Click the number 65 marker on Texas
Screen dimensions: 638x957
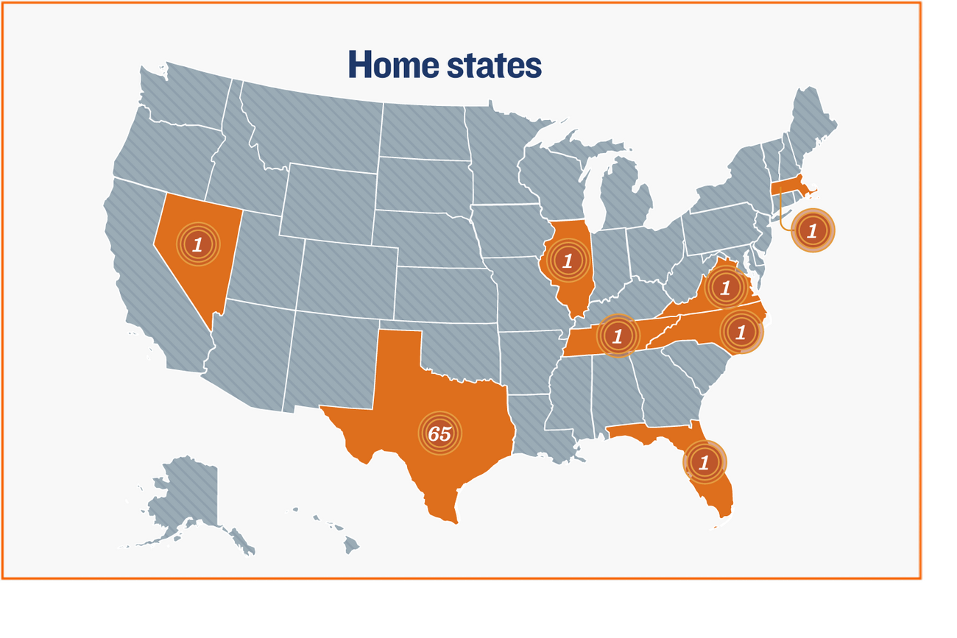(x=439, y=433)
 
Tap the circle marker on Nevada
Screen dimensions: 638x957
(x=197, y=244)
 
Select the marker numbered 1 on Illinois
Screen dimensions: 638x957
(x=567, y=260)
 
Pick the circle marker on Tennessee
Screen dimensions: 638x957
(x=618, y=336)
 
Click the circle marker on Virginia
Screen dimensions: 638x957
(x=725, y=287)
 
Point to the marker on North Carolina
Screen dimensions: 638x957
(x=741, y=332)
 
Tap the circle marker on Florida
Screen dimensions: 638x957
(x=704, y=462)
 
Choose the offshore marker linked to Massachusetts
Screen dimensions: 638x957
(x=813, y=231)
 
